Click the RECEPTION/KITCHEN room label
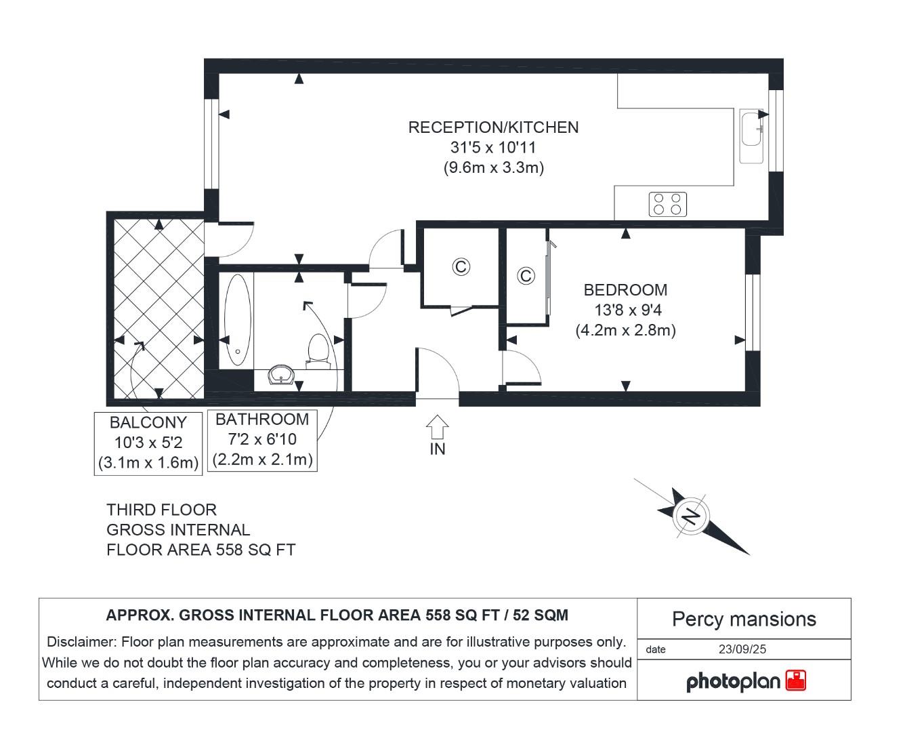tap(493, 127)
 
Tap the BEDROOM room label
tap(625, 290)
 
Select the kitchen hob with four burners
tap(667, 204)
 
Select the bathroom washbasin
tap(280, 375)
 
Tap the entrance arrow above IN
tap(438, 427)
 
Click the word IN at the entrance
tap(438, 449)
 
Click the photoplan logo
tap(745, 681)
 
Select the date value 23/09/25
tap(742, 649)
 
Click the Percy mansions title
tap(744, 619)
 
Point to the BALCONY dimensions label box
tap(148, 443)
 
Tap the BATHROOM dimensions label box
tap(262, 440)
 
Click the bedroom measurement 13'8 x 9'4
tap(625, 310)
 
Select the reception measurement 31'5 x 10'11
tap(493, 148)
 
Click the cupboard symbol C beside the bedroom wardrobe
tap(526, 276)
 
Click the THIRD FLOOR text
tap(161, 510)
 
